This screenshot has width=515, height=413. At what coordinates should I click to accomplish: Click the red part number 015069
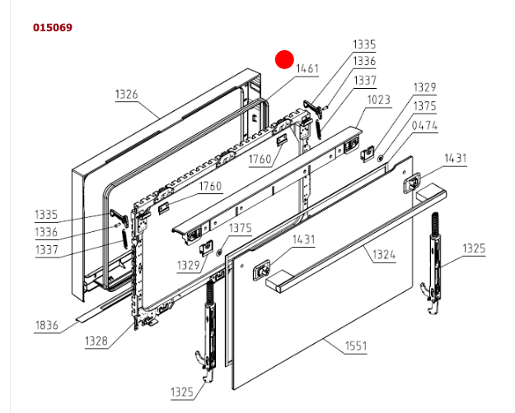53,28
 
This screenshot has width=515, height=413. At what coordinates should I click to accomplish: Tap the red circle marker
284,59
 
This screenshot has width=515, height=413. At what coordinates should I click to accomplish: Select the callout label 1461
307,69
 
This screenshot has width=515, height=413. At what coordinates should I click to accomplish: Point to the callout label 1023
379,100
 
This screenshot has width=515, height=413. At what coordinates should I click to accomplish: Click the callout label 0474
424,126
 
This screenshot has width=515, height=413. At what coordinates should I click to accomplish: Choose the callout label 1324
383,255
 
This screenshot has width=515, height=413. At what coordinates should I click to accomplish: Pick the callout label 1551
354,346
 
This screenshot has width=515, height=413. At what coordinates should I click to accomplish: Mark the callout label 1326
126,95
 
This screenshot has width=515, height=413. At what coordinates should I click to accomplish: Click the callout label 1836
46,326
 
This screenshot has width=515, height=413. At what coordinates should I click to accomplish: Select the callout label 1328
96,341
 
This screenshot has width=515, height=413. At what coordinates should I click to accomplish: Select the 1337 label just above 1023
364,81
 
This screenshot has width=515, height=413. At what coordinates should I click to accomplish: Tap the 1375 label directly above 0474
424,106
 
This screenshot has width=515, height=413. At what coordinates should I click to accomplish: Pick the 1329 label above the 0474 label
424,87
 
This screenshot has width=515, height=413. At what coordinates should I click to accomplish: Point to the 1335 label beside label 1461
364,44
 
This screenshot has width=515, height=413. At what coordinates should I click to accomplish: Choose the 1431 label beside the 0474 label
455,158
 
